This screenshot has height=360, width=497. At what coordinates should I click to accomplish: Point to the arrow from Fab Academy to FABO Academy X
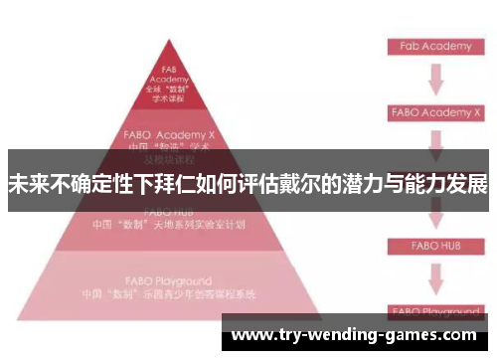(x=435, y=79)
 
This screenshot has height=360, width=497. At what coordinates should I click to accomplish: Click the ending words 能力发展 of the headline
(x=451, y=186)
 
